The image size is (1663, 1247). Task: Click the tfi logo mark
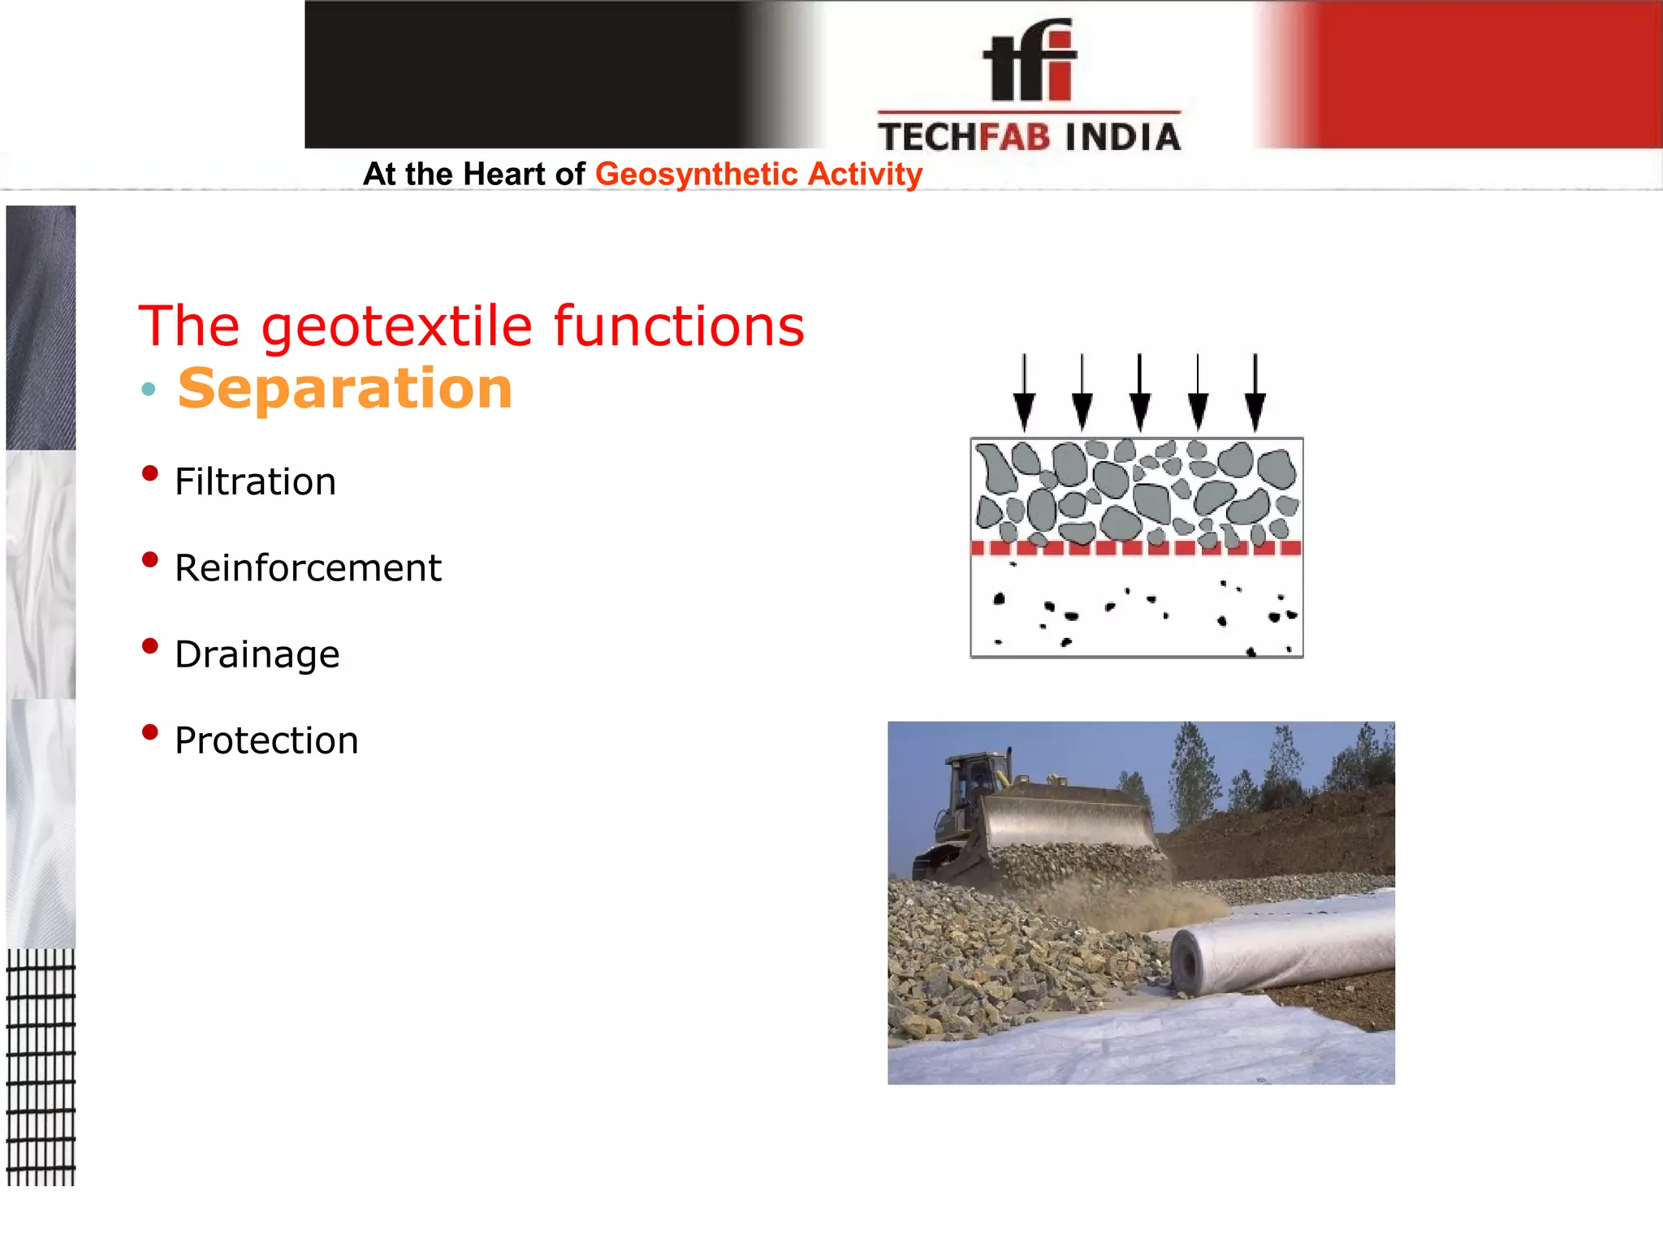click(1030, 62)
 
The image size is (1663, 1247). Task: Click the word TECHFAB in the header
click(964, 137)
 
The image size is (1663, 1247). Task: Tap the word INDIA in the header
click(1122, 137)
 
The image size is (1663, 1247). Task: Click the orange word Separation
click(345, 388)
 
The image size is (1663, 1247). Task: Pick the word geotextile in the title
click(396, 326)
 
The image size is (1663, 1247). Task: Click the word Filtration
click(255, 482)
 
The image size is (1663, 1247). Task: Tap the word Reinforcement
click(308, 568)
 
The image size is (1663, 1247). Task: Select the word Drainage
click(257, 654)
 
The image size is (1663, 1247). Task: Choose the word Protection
click(266, 740)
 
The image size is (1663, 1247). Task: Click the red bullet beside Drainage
click(149, 646)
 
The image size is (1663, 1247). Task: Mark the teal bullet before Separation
click(148, 389)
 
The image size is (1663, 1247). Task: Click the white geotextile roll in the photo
click(1283, 950)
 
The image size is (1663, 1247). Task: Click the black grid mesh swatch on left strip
click(41, 1067)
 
